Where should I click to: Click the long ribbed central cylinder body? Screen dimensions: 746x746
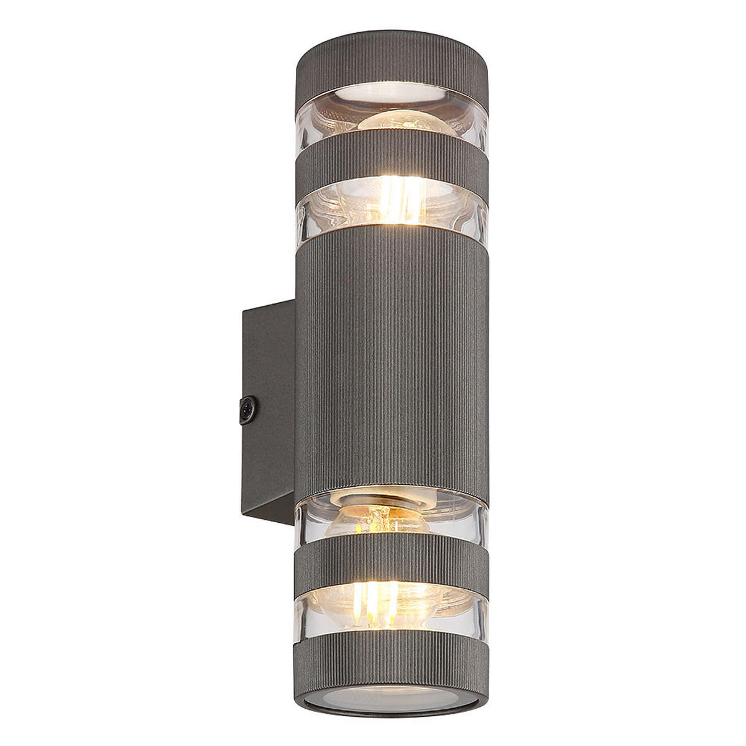[392, 361]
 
